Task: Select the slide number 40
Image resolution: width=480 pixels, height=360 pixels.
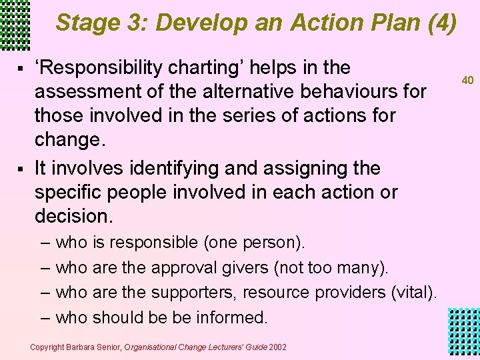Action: click(x=467, y=80)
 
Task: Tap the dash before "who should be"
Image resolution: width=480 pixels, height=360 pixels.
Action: click(x=45, y=318)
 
